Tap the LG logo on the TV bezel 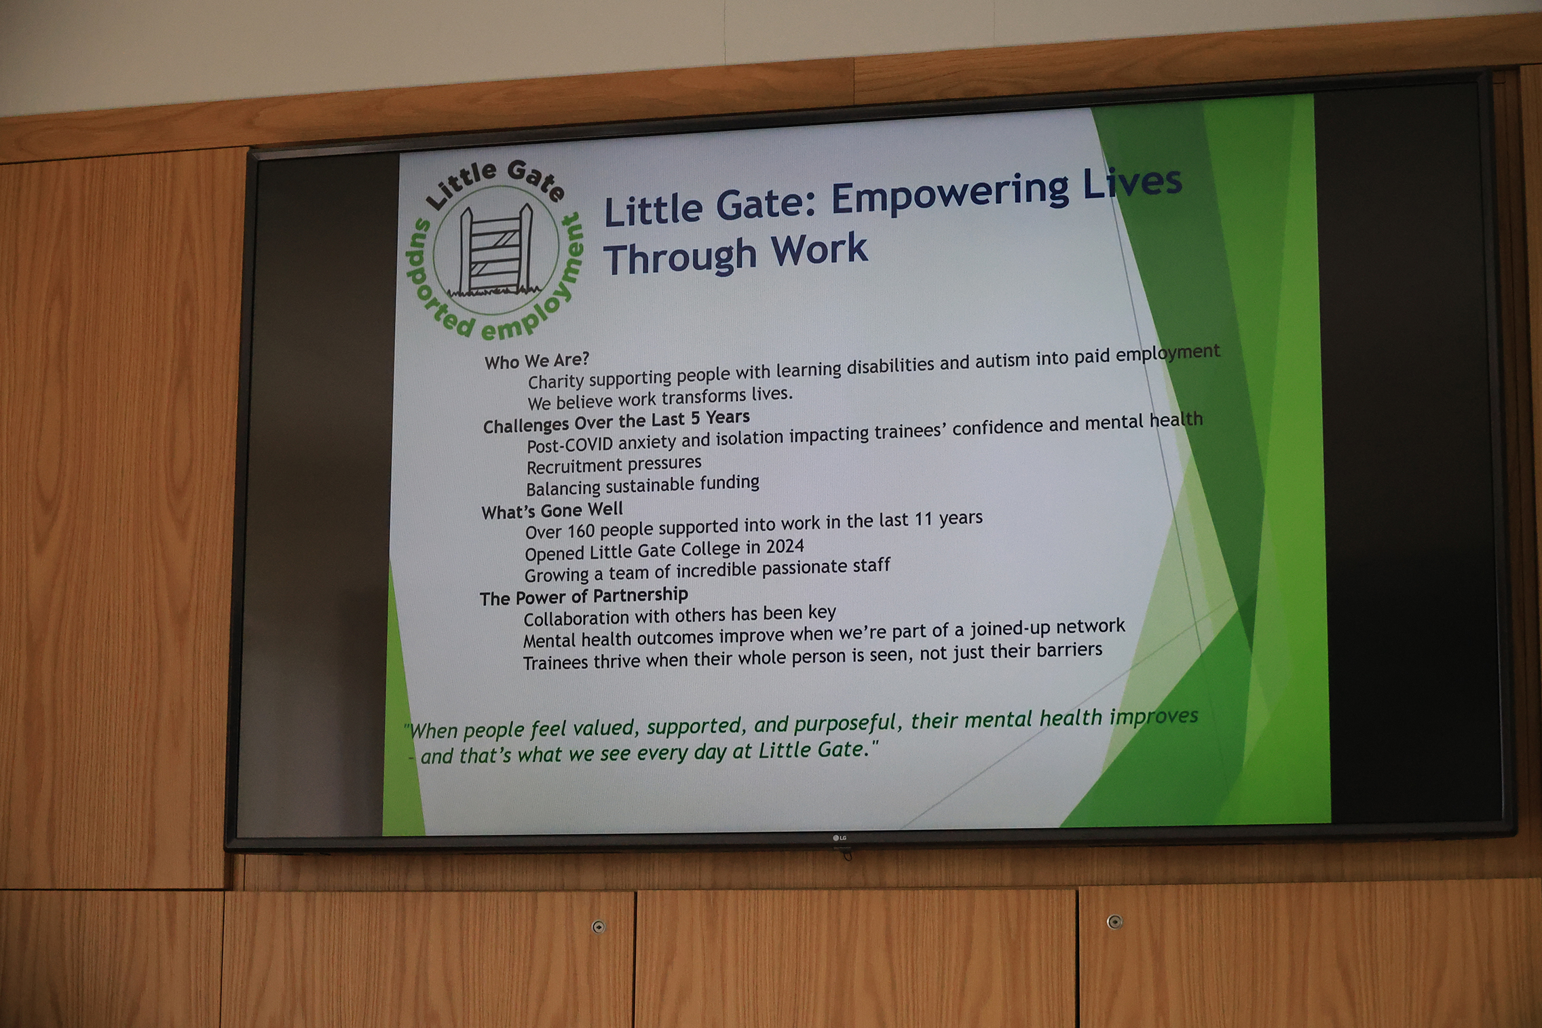tap(840, 838)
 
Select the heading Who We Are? tap(537, 361)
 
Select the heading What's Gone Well tap(552, 510)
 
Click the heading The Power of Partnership tap(584, 596)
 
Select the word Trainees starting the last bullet tap(555, 662)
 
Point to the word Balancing tap(563, 489)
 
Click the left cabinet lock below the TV tap(598, 926)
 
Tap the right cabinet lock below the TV tap(1114, 921)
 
